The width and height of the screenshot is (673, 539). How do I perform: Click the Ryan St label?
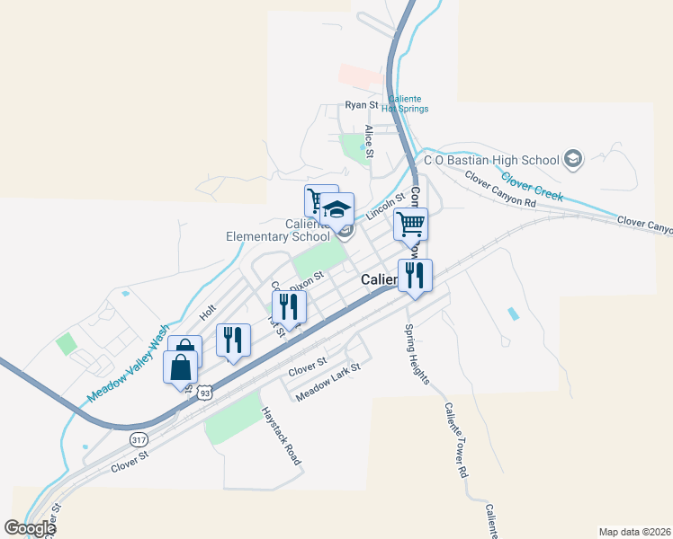[363, 105]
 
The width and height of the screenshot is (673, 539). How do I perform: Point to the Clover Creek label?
[533, 186]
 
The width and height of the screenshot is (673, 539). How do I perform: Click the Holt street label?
[208, 312]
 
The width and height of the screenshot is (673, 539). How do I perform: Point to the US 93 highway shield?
[206, 393]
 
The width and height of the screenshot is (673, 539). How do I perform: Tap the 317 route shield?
[139, 439]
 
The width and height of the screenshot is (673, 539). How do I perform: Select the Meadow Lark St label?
[328, 381]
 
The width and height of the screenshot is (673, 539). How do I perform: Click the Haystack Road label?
[280, 435]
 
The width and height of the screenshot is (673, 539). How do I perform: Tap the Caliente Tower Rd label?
[455, 439]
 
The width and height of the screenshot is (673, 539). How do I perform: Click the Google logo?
[30, 528]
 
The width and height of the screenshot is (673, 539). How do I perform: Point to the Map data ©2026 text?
[633, 531]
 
